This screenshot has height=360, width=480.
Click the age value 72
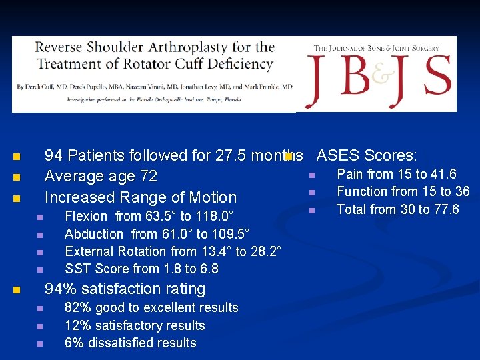coord(149,177)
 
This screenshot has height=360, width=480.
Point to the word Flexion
coord(86,216)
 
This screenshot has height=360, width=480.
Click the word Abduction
coord(94,234)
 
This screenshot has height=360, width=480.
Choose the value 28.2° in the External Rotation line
coord(265,251)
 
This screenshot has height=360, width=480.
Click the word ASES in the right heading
coord(338,155)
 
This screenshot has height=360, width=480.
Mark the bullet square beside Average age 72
coord(17,178)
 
